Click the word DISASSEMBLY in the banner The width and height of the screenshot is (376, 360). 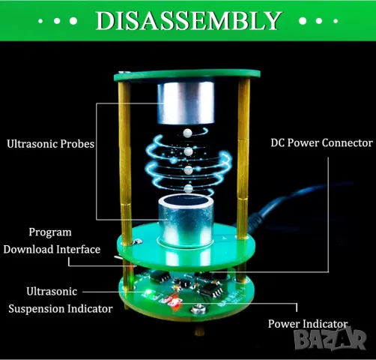[189, 20]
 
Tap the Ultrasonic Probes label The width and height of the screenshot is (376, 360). [51, 144]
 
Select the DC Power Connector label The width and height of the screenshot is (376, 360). [322, 142]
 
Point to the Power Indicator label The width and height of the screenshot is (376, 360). [308, 324]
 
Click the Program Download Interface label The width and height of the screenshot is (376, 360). [52, 241]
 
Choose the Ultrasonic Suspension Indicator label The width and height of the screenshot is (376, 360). [61, 300]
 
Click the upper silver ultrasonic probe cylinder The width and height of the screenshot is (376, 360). [186, 103]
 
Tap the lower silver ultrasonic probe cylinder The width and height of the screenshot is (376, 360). [186, 220]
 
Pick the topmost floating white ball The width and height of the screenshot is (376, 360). [187, 133]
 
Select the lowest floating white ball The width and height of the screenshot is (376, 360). [189, 188]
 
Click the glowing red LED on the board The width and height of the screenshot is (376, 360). [175, 300]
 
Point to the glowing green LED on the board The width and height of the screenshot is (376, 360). [148, 292]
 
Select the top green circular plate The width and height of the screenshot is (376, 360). [187, 76]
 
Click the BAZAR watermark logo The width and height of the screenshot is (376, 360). [330, 339]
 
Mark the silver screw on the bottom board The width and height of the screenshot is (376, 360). [198, 309]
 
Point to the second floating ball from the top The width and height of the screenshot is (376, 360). [188, 151]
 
